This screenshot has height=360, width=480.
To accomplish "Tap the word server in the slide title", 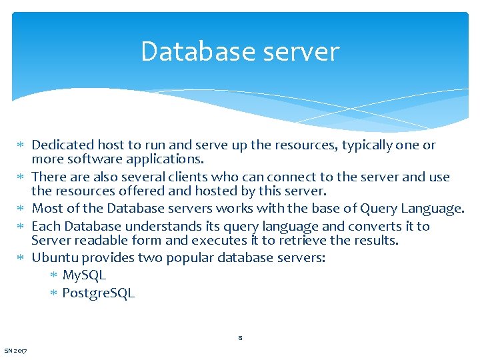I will click(300, 52).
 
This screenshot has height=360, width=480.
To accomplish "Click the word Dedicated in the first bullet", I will click(63, 145).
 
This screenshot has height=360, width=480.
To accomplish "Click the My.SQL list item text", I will click(84, 275).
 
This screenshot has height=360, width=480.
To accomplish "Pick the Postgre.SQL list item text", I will click(98, 292).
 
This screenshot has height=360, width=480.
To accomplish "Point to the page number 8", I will click(240, 338).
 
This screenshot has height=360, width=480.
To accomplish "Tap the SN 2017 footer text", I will click(15, 351).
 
